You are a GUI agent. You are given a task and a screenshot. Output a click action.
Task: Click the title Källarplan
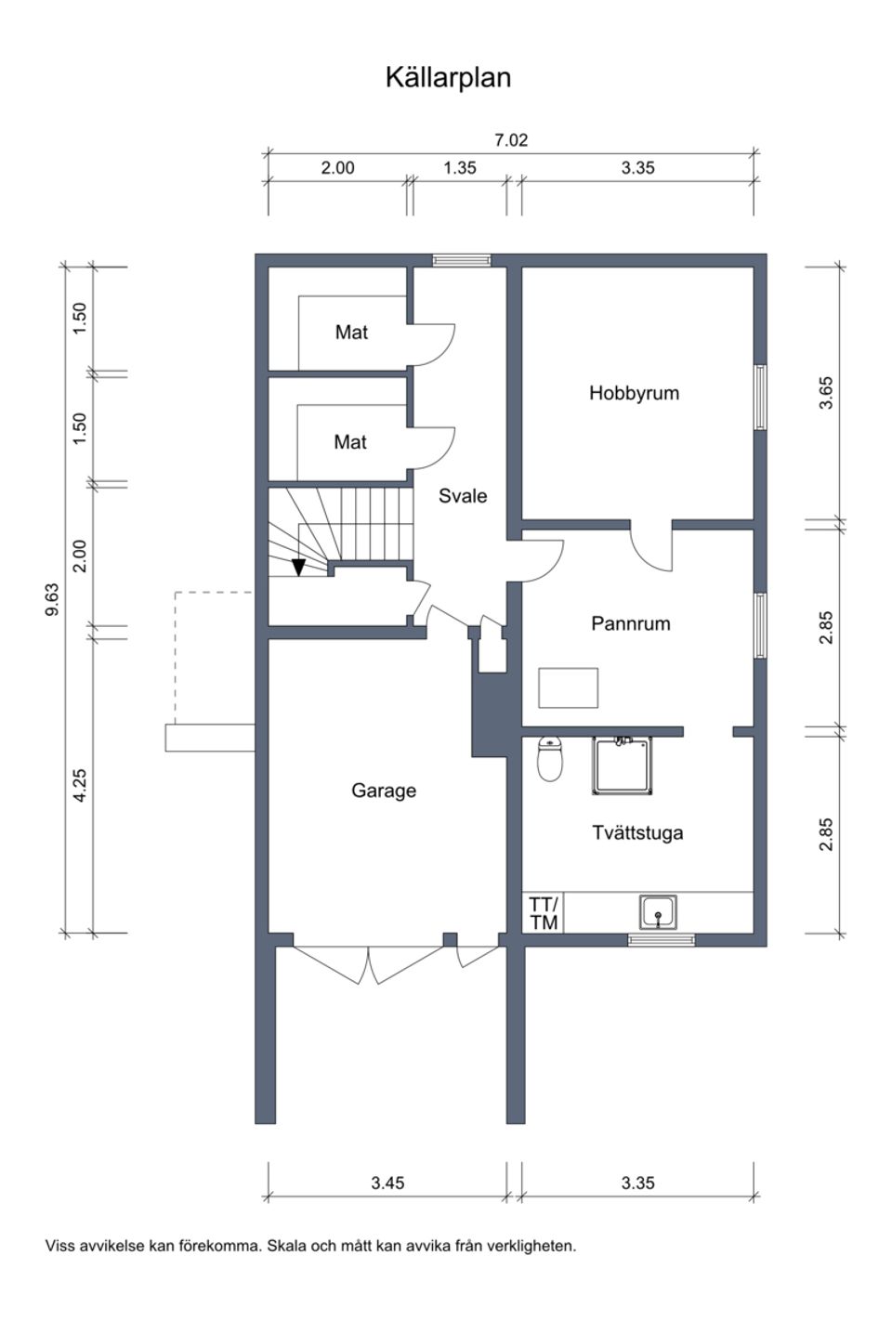pyautogui.click(x=448, y=77)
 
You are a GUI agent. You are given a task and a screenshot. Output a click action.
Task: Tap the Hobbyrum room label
pyautogui.click(x=634, y=393)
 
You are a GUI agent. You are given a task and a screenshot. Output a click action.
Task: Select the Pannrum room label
pyautogui.click(x=630, y=623)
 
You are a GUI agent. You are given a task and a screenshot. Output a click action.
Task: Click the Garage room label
pyautogui.click(x=383, y=791)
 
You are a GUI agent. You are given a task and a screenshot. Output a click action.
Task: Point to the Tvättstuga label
pyautogui.click(x=637, y=832)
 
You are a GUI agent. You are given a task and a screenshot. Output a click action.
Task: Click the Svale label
pyautogui.click(x=463, y=496)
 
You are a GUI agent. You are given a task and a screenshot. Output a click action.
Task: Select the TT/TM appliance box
pyautogui.click(x=544, y=913)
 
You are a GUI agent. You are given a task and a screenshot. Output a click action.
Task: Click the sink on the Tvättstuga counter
pyautogui.click(x=658, y=912)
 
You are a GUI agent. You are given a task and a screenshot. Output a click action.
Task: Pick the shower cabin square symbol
pyautogui.click(x=623, y=765)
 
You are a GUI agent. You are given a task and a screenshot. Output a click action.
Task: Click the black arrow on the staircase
pyautogui.click(x=298, y=566)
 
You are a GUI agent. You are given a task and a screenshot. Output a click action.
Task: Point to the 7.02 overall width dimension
pyautogui.click(x=511, y=140)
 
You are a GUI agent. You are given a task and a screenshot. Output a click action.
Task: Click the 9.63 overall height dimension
pyautogui.click(x=52, y=599)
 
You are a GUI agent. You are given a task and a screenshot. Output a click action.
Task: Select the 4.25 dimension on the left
pyautogui.click(x=80, y=785)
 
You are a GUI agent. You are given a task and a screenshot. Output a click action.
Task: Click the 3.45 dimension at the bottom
pyautogui.click(x=387, y=1183)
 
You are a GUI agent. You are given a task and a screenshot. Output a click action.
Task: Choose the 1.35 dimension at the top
pyautogui.click(x=459, y=168)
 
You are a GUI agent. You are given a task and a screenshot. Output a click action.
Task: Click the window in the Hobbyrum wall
pyautogui.click(x=760, y=397)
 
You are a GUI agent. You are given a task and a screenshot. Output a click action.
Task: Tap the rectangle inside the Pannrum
pyautogui.click(x=568, y=687)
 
